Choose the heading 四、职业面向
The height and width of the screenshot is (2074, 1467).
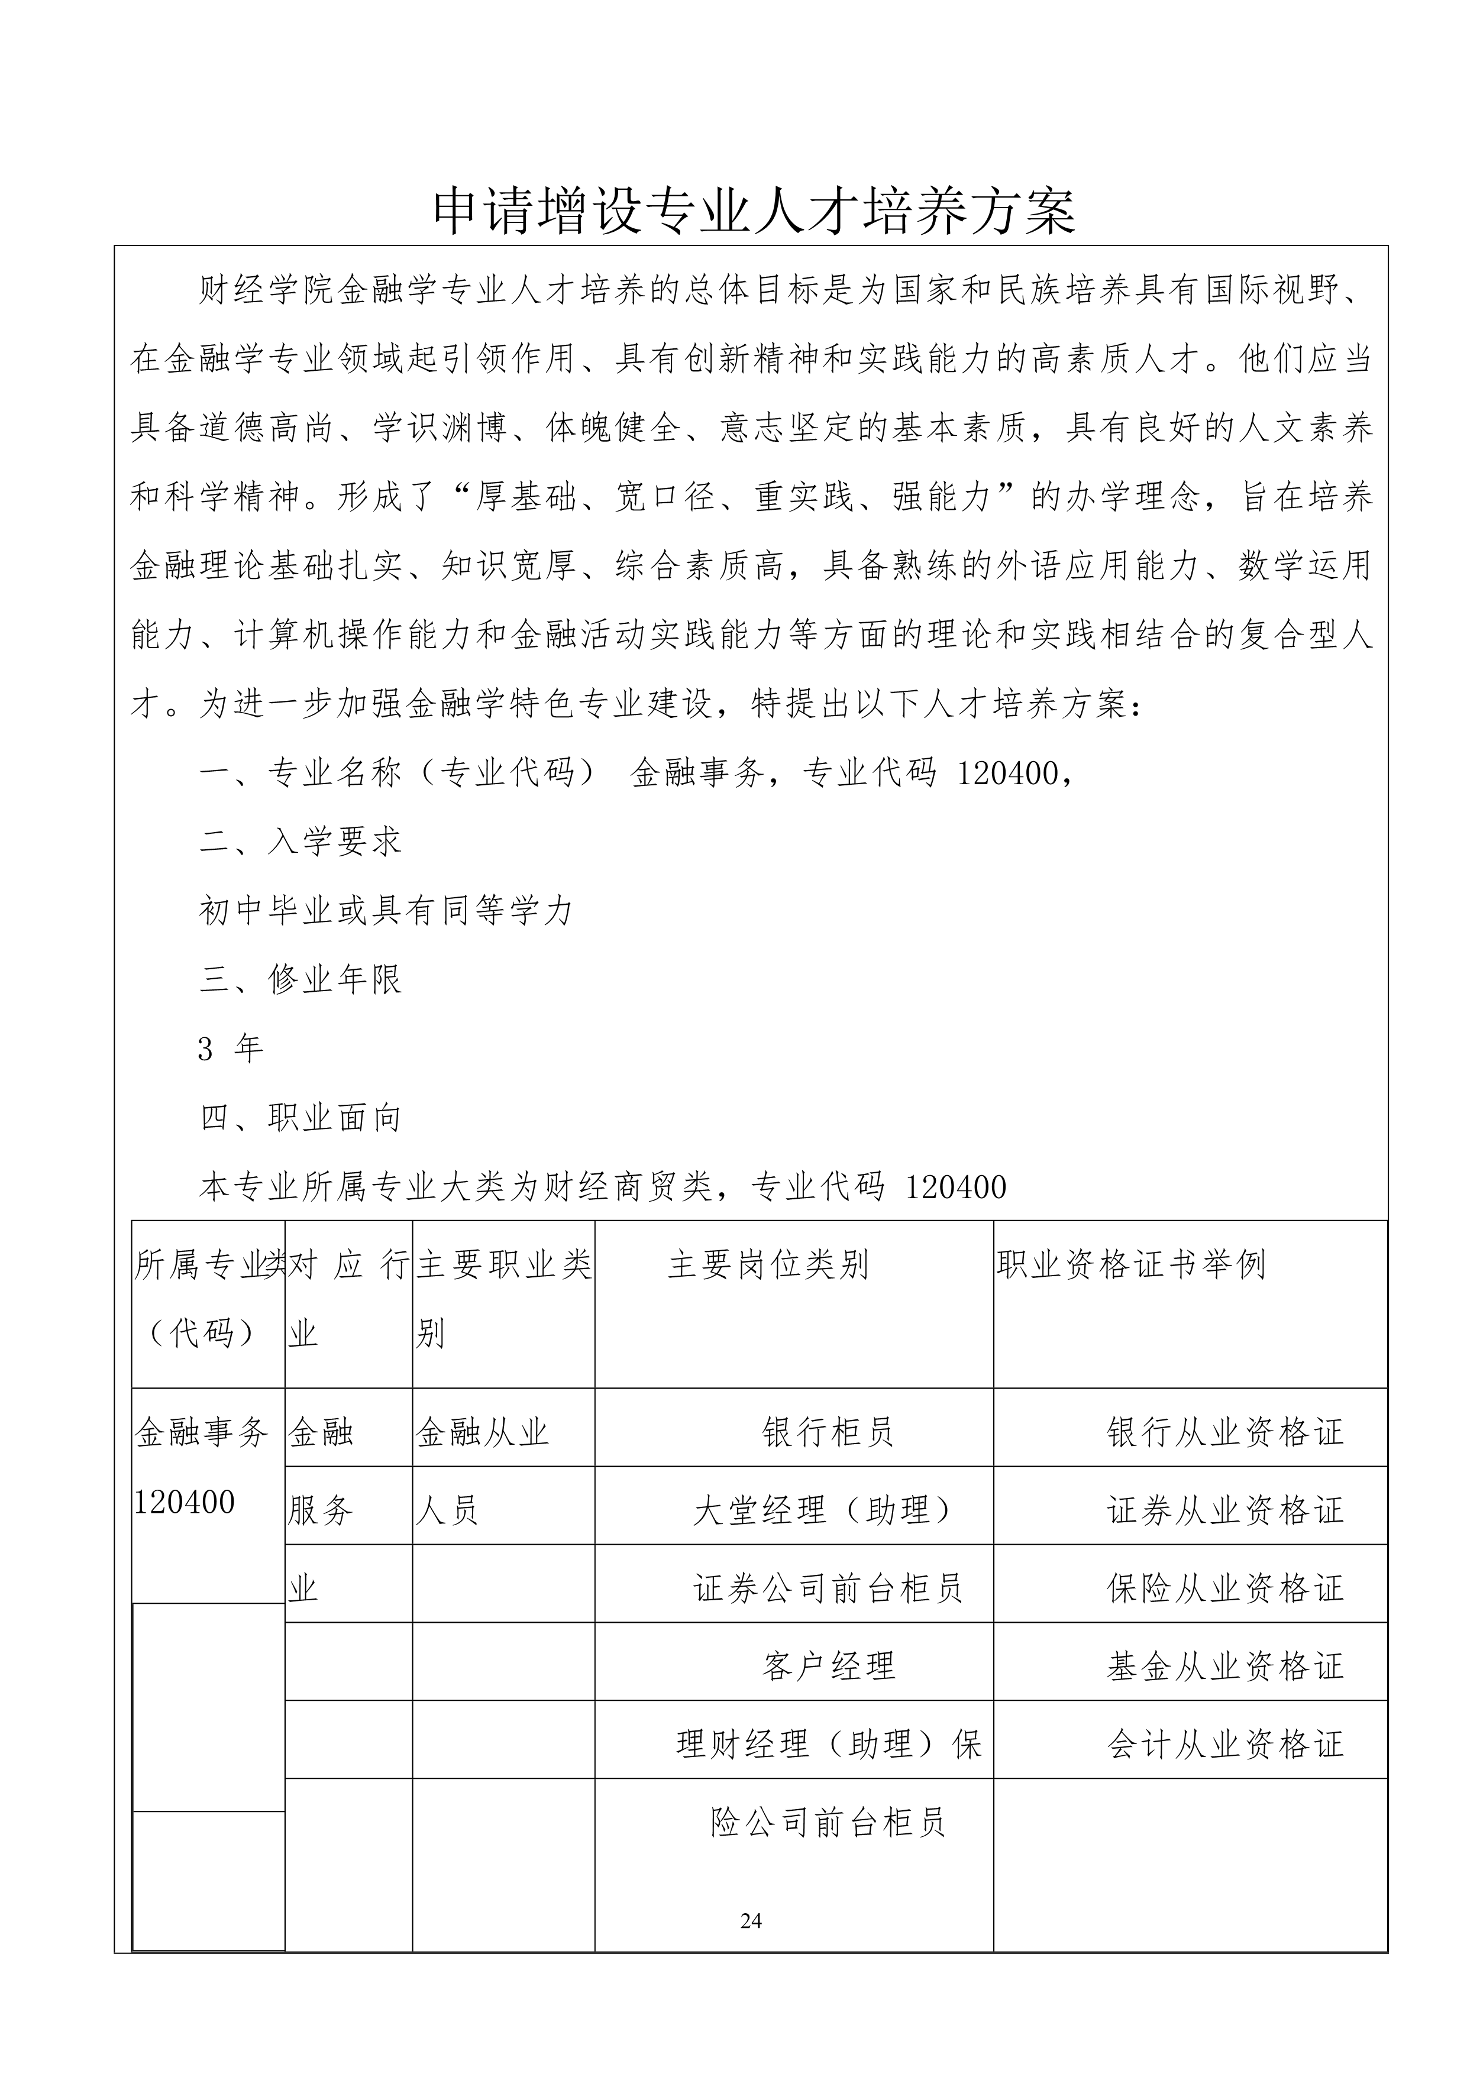coord(300,1118)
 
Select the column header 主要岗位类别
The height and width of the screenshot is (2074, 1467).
coord(768,1264)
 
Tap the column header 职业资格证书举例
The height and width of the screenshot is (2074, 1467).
coord(1131,1264)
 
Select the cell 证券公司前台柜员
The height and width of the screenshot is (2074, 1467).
coord(828,1588)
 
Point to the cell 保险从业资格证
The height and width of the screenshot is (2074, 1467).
coord(1225,1588)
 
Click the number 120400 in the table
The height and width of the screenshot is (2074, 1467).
coord(185,1502)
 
